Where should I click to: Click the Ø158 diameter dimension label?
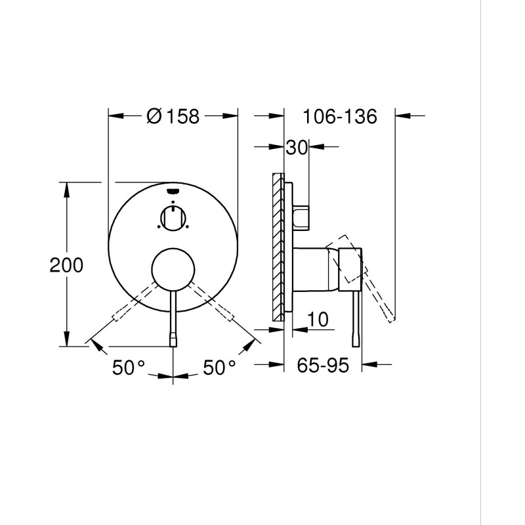click(173, 116)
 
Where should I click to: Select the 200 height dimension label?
click(67, 265)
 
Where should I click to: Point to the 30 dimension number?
click(297, 148)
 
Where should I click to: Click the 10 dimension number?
click(317, 320)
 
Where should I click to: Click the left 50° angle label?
click(128, 367)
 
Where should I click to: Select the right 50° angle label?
click(219, 367)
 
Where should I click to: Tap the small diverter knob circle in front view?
click(173, 217)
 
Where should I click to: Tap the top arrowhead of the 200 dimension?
click(66, 187)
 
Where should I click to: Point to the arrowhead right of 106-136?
click(403, 116)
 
